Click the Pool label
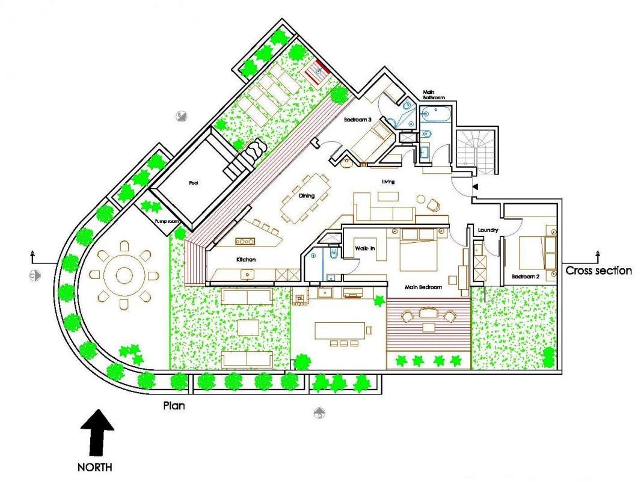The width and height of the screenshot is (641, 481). tap(194, 183)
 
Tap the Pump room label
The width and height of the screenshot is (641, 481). tap(167, 221)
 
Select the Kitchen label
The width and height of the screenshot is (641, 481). tap(246, 260)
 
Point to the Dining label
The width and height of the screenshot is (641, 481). tap(307, 196)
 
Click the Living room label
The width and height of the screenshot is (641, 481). tap(388, 182)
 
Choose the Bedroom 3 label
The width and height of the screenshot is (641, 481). tap(357, 120)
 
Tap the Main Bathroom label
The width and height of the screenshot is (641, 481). tap(434, 95)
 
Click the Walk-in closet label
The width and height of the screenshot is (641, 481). tap(364, 248)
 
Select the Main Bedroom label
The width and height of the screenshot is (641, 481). tap(423, 287)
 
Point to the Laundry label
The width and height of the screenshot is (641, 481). tap(488, 230)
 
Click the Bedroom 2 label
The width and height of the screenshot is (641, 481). tap(526, 277)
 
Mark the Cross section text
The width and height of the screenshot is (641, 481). tap(599, 271)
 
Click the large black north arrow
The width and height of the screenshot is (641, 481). tap(97, 432)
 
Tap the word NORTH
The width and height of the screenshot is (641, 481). tap(95, 467)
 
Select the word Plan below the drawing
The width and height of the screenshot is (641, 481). tap(174, 406)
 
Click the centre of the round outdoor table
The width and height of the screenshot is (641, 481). tap(123, 275)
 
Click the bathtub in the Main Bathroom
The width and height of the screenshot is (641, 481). tap(436, 114)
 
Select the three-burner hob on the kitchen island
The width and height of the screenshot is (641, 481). tap(245, 242)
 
